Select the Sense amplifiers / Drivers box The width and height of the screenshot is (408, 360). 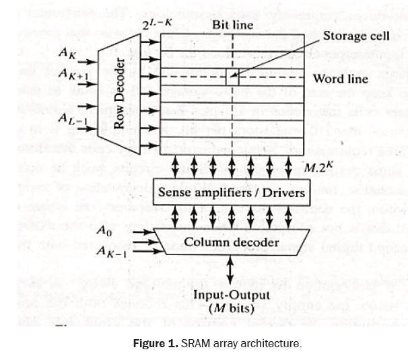(231, 192)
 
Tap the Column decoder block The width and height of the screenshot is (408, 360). (231, 242)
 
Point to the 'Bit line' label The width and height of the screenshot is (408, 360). (233, 25)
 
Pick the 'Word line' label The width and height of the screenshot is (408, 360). (340, 79)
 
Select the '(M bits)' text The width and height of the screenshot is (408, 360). (232, 308)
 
